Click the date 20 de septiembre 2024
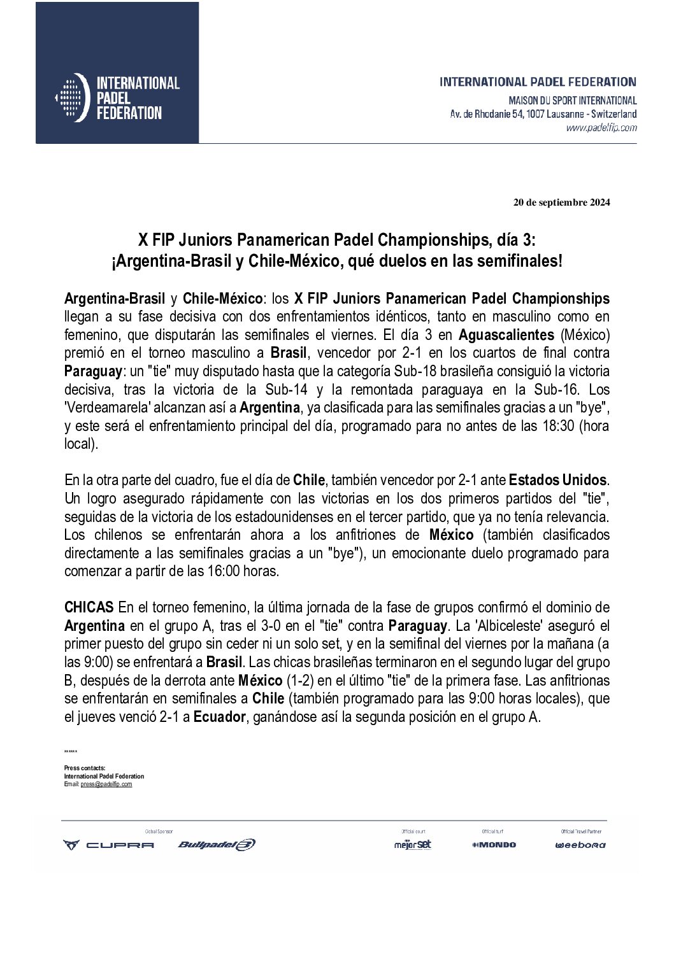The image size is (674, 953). (x=561, y=203)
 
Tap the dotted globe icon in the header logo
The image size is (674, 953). (x=71, y=98)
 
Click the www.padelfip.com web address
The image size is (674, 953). (x=601, y=128)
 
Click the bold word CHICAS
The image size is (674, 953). (x=89, y=607)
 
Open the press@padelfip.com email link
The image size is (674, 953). (x=106, y=784)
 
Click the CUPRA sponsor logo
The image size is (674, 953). (x=108, y=845)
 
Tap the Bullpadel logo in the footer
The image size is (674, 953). (x=217, y=845)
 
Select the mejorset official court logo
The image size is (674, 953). (x=412, y=845)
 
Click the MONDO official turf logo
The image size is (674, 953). (x=494, y=845)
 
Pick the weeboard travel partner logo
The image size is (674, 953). (x=580, y=845)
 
